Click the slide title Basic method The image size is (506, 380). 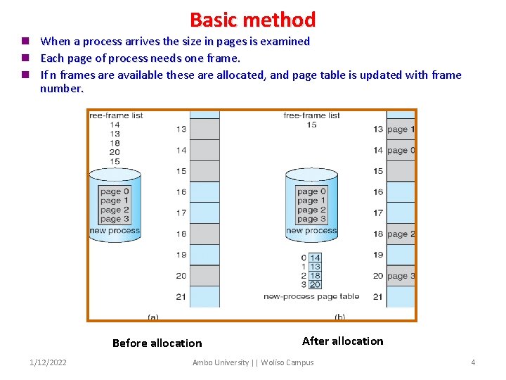[x=252, y=19]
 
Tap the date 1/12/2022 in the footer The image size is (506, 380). [x=48, y=362]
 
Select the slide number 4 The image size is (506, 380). [x=473, y=362]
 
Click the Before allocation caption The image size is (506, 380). [x=157, y=343]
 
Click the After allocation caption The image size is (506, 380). [x=342, y=341]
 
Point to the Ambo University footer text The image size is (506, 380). [x=253, y=362]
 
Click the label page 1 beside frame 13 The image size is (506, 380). [x=401, y=129]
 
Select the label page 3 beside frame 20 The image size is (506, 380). [x=401, y=276]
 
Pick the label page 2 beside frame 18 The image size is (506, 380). [x=401, y=234]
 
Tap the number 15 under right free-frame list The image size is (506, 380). [x=311, y=125]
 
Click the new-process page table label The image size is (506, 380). [x=311, y=297]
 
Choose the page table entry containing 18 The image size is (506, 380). [x=315, y=276]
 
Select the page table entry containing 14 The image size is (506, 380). [x=315, y=258]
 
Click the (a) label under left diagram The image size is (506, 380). [x=153, y=317]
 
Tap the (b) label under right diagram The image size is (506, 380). [x=340, y=317]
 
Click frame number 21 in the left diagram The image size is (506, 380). [x=181, y=297]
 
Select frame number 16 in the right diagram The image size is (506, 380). [x=378, y=191]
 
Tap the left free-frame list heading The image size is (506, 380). [x=116, y=115]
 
